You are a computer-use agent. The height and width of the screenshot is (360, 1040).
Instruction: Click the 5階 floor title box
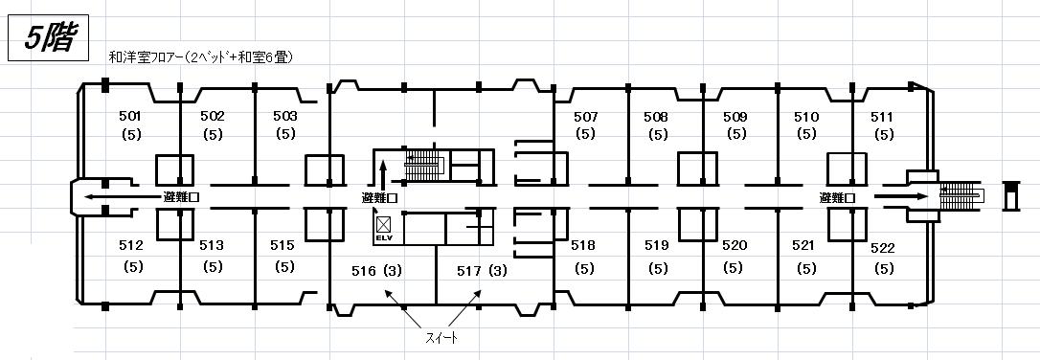coord(48,39)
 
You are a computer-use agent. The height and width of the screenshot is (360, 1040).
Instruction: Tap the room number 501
coord(130,116)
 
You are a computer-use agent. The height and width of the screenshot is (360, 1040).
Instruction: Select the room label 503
coord(285,116)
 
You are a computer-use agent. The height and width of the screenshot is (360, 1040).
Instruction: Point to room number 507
coord(586,117)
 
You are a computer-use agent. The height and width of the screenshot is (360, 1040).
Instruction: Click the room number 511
coord(882,118)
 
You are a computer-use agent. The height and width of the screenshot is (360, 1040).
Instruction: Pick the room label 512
coord(131,245)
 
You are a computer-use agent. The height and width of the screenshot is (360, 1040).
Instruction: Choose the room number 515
coord(282,245)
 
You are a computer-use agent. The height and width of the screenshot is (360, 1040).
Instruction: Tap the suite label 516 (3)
coord(376,271)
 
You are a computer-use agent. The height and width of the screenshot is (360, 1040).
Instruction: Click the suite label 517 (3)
coord(483,271)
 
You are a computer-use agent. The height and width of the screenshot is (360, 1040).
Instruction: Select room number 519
coord(657,245)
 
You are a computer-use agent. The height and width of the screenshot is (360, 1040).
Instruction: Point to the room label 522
coord(883,248)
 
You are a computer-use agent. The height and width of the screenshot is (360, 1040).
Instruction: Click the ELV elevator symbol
coord(384,227)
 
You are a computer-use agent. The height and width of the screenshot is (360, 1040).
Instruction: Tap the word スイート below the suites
coord(441,338)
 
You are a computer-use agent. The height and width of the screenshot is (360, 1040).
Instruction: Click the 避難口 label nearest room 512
coord(182,197)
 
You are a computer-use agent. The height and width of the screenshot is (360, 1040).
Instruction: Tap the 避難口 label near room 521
coord(837,197)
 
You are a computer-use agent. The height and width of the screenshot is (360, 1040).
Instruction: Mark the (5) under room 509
coord(736,134)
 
